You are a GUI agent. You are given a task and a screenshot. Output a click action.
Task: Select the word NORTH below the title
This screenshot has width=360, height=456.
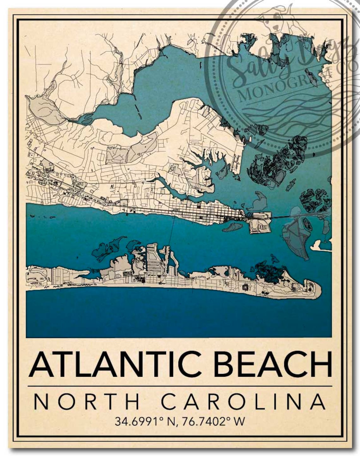[x=87, y=401]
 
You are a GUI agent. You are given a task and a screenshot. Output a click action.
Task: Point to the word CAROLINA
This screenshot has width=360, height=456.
[x=243, y=401]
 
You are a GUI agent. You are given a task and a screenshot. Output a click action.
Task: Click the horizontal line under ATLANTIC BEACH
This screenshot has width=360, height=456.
[x=180, y=386]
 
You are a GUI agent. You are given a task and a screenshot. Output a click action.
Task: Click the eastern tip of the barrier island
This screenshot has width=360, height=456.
[x=319, y=289]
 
